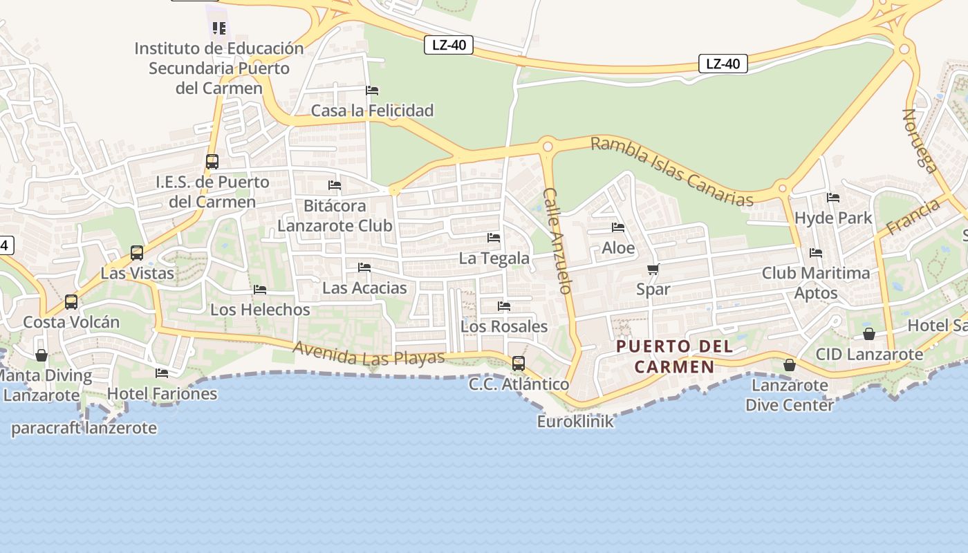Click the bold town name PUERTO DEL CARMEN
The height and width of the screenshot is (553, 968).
[x=674, y=356]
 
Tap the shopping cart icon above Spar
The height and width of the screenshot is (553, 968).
[x=653, y=269]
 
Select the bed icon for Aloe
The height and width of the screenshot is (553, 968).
[x=618, y=227]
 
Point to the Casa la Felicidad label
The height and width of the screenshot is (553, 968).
[x=372, y=111]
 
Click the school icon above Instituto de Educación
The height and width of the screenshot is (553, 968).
[x=219, y=28]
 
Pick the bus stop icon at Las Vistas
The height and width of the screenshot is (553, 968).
[x=137, y=253]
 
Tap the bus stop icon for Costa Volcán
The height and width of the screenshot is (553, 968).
[x=71, y=302]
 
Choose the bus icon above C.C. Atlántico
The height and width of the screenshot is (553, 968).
[x=518, y=364]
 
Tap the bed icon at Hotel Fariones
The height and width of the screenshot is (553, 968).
[x=162, y=373]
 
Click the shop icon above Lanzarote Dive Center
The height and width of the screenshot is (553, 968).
[x=789, y=365]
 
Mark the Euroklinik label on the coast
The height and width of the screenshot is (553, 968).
[x=575, y=421]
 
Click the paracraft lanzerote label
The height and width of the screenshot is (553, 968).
[x=84, y=428]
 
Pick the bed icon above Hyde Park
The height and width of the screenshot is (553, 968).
[x=833, y=198]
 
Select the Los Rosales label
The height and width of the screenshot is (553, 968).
[x=503, y=326]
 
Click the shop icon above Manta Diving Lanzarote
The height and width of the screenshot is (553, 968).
[x=41, y=355]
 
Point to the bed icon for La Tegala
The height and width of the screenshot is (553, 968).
[x=494, y=238]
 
